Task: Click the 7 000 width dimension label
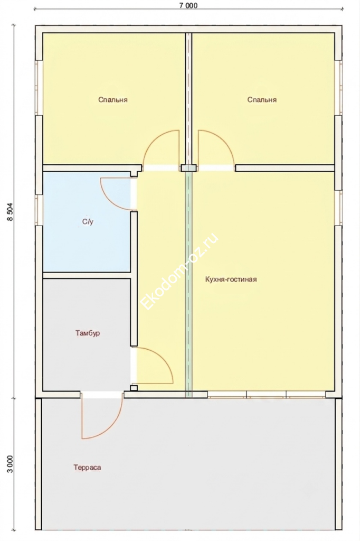point(188,5)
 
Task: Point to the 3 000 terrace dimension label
point(11,464)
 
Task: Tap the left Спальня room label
point(113,100)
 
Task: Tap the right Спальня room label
point(262,100)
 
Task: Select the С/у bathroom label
point(88,222)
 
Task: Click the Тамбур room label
point(88,333)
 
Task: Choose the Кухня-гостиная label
point(231,279)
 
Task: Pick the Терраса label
point(87,468)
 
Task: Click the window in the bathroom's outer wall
point(39,210)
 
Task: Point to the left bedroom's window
point(39,88)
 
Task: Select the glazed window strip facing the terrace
point(267,395)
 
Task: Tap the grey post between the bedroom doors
point(188,168)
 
